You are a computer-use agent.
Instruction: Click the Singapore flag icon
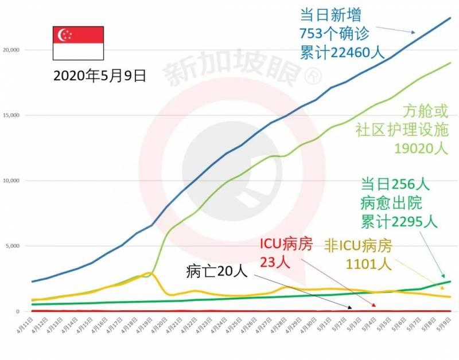click(78, 43)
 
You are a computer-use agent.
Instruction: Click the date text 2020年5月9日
click(99, 76)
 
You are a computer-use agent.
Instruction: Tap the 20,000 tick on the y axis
click(11, 50)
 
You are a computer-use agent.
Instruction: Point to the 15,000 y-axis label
click(11, 115)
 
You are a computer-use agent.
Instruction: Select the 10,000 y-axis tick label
click(11, 181)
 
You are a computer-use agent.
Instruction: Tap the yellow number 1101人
click(368, 264)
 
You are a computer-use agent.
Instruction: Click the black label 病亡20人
click(216, 271)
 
